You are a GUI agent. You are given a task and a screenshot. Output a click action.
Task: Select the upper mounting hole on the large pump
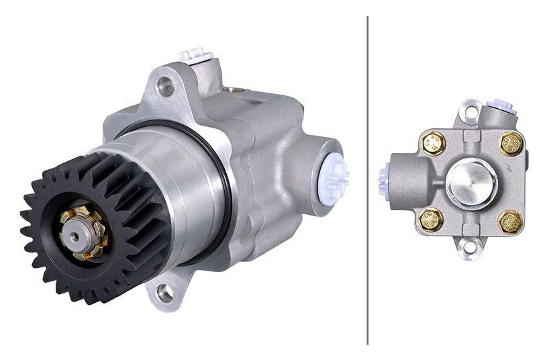click(164, 86)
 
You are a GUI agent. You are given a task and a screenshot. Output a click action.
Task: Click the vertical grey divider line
click(368, 180)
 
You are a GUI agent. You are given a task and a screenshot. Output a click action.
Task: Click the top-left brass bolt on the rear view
click(433, 142)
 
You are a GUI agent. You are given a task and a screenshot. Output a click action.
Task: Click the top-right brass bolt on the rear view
click(511, 142)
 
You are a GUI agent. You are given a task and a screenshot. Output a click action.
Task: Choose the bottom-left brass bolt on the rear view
click(431, 220)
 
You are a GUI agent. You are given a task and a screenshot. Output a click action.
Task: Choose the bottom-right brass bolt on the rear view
click(510, 221)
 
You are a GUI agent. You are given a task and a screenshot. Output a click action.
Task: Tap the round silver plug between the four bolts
click(471, 181)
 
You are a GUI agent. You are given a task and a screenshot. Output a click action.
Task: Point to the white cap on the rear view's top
click(501, 105)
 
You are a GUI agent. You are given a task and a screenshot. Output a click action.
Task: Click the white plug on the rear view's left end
click(383, 179)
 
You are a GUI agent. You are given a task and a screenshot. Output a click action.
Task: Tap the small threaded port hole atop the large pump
click(236, 89)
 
